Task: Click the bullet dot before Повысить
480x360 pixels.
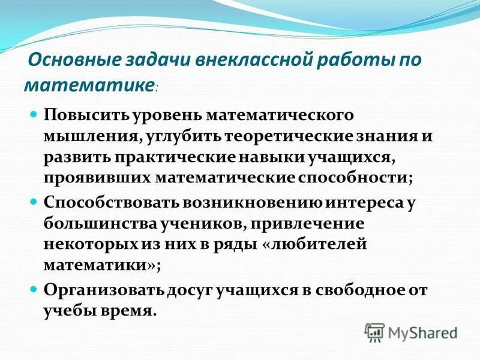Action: (34, 113)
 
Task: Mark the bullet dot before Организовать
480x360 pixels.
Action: (34, 287)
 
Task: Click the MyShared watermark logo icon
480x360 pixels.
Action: (374, 332)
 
